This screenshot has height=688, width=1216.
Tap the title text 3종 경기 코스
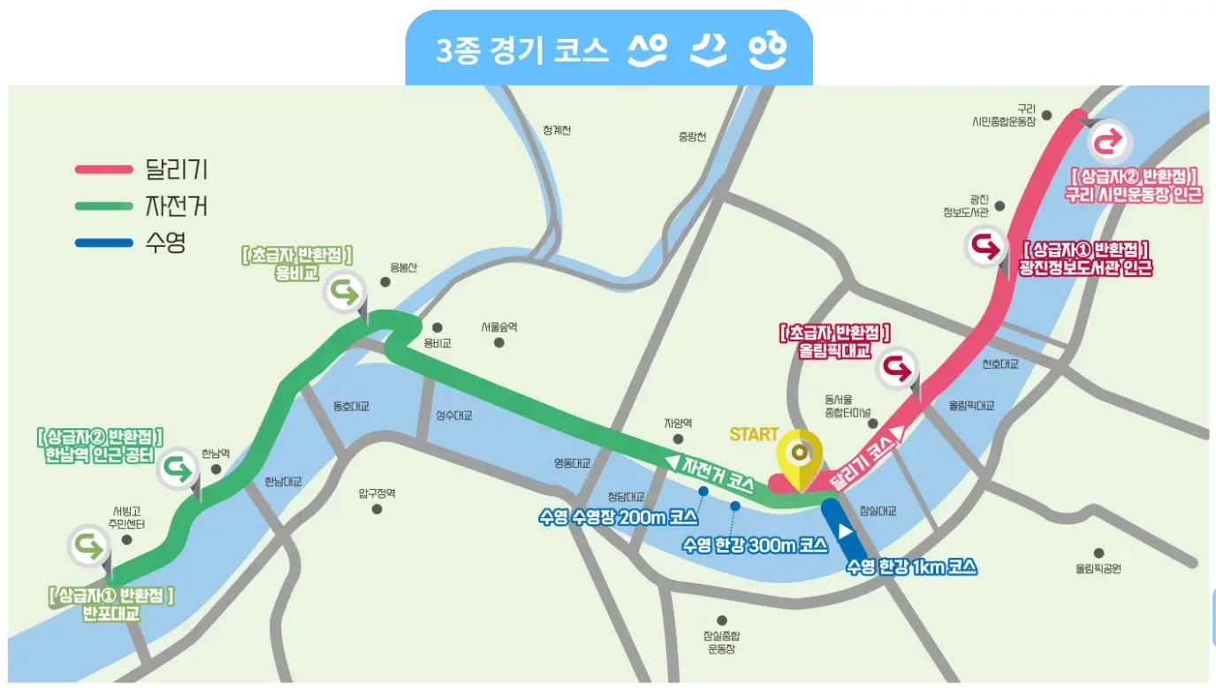pos(522,50)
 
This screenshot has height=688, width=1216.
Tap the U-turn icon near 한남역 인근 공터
pos(179,467)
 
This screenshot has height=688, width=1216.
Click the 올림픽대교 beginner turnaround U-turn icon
pos(898,370)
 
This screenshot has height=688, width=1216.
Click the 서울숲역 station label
pos(499,327)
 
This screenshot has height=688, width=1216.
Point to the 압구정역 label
pos(377,493)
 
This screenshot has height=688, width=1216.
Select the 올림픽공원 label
pos(1098,569)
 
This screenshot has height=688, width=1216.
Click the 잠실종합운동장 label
pos(721,642)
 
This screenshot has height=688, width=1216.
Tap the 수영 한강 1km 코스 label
pos(911,567)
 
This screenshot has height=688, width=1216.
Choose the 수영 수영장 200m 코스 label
pos(619,517)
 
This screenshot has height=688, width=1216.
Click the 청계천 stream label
pos(557,131)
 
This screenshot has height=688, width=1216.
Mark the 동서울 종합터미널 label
pos(847,407)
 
